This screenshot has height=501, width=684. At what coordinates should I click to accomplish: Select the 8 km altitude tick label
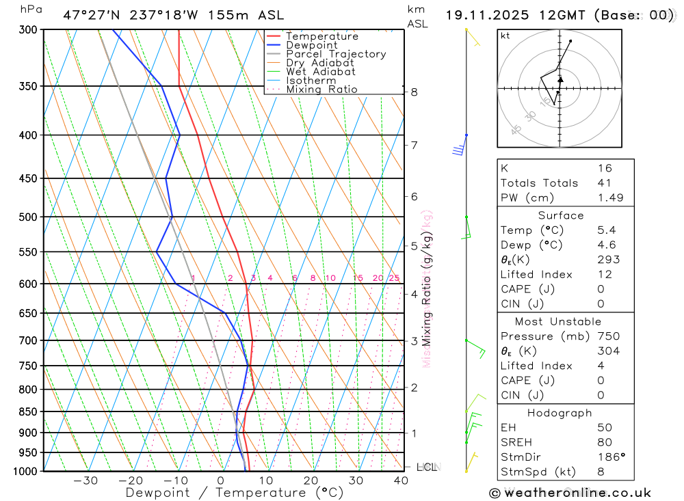coord(415,92)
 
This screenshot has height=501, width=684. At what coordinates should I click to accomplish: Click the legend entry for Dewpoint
coord(311,45)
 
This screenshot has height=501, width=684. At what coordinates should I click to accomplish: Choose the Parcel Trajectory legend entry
coord(336,54)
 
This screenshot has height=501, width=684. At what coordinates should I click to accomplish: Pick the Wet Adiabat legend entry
coord(321,72)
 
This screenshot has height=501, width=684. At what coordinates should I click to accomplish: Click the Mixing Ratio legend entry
coord(321,90)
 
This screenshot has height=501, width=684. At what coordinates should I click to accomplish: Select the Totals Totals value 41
coord(604,182)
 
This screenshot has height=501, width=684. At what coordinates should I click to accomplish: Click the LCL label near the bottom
coord(426,468)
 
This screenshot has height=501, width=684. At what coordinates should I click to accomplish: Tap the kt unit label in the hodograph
coord(505,36)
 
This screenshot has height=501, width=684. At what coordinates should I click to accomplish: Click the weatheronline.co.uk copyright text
coord(570,493)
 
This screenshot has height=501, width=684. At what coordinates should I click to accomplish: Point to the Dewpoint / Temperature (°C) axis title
coord(235,493)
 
